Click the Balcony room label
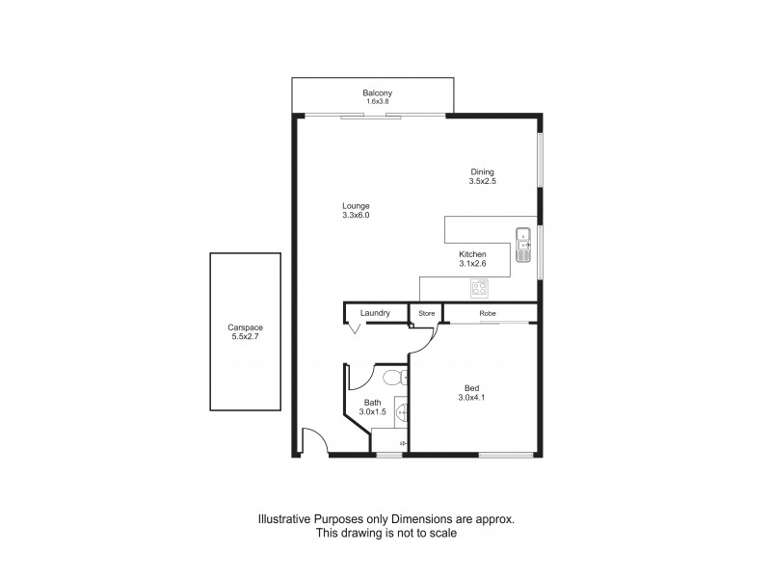coord(371,92)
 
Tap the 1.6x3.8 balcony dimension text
coord(371,101)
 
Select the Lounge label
coord(356,206)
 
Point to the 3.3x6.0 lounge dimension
coord(356,216)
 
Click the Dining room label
coord(482,171)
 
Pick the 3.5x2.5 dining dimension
coord(482,181)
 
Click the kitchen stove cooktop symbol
coord(479,286)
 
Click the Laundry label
coord(374,313)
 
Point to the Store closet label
coord(426,313)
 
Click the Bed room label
coord(472,389)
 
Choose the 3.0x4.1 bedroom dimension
coord(472,399)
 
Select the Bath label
coord(372,403)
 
